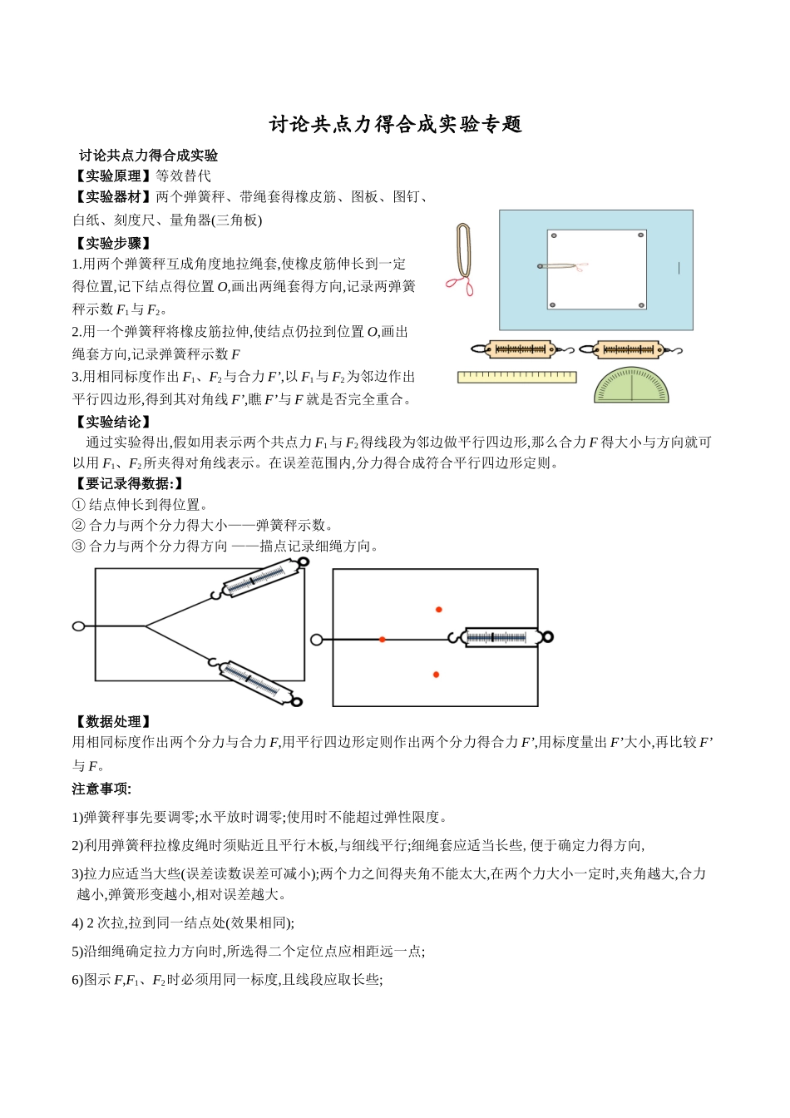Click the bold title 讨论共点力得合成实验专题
click(395, 125)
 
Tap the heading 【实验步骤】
click(113, 243)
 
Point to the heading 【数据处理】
click(113, 721)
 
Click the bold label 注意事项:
click(101, 788)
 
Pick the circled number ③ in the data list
click(79, 546)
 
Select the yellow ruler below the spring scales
click(516, 377)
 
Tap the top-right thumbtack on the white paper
click(640, 235)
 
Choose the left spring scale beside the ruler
click(521, 349)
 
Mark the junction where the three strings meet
click(146, 626)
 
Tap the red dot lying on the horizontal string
click(383, 639)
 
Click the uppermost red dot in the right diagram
click(439, 610)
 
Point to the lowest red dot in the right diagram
click(437, 675)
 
